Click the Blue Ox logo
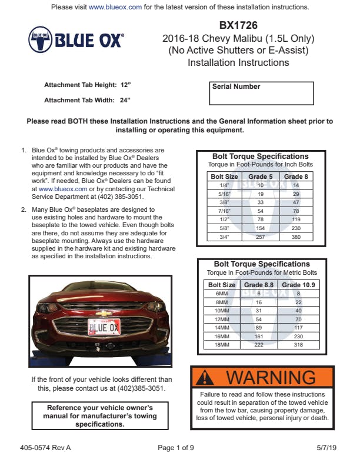pos(76,39)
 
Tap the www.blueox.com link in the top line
pos(115,7)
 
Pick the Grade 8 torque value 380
pos(296,237)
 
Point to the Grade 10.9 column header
pos(298,285)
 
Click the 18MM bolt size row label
pos(222,344)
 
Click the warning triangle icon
pos(205,377)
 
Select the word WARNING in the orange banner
pos(271,377)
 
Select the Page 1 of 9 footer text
pos(176,448)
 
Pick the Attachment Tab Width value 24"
pos(125,100)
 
